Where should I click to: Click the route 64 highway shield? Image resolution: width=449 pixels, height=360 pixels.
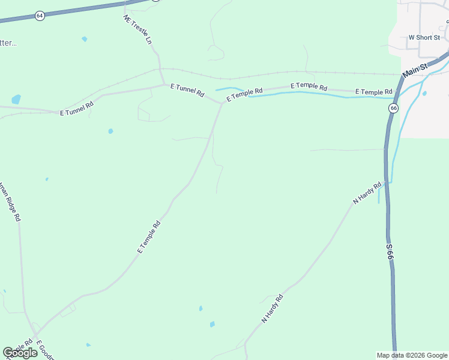40,16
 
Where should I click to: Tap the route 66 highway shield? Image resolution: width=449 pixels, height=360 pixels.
393,108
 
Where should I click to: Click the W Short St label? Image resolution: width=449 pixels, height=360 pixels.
424,37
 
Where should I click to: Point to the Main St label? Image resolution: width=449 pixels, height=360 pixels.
414,71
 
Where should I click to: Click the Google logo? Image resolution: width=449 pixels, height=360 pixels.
20,353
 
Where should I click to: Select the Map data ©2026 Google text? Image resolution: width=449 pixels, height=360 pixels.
412,355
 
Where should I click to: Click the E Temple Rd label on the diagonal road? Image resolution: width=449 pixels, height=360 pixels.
149,237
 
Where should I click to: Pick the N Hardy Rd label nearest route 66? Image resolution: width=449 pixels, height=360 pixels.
367,193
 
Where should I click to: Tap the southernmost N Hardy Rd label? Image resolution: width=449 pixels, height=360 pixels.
272,309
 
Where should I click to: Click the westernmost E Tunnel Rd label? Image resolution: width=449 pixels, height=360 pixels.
77,108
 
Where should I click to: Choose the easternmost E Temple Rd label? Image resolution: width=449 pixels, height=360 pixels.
373,92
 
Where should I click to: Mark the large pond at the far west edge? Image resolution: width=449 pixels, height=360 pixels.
16,99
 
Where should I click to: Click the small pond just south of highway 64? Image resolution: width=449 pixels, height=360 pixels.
85,39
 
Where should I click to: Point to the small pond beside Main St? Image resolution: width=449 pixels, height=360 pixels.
424,94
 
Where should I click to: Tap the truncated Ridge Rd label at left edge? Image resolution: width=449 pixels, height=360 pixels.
10,201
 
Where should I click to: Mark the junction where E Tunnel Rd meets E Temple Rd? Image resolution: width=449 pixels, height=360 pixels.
221,103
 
